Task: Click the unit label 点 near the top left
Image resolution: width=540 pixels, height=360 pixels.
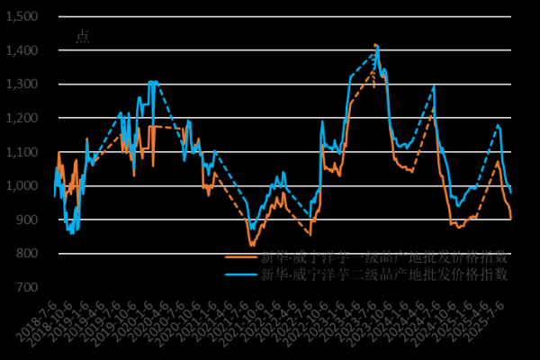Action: (82, 36)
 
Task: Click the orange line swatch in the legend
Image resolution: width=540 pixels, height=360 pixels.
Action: (240, 256)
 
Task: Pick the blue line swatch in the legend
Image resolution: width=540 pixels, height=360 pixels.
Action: (240, 274)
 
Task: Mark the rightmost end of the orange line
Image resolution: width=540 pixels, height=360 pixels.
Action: (511, 219)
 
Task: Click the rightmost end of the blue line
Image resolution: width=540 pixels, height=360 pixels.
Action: (511, 192)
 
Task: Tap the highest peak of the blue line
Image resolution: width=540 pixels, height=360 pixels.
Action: (377, 45)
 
